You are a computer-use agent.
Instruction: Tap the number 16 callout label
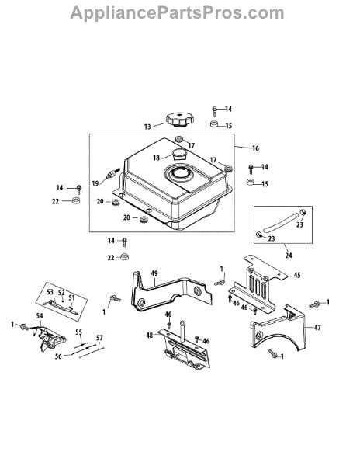click(255, 148)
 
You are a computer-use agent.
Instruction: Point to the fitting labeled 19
click(112, 174)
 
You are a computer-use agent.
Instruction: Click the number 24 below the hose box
click(289, 255)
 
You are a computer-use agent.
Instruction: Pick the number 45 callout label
click(297, 275)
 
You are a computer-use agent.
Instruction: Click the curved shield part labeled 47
click(278, 327)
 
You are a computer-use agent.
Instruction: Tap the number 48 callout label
click(149, 336)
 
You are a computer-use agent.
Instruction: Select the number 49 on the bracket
click(154, 273)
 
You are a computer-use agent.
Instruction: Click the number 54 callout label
click(40, 315)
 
